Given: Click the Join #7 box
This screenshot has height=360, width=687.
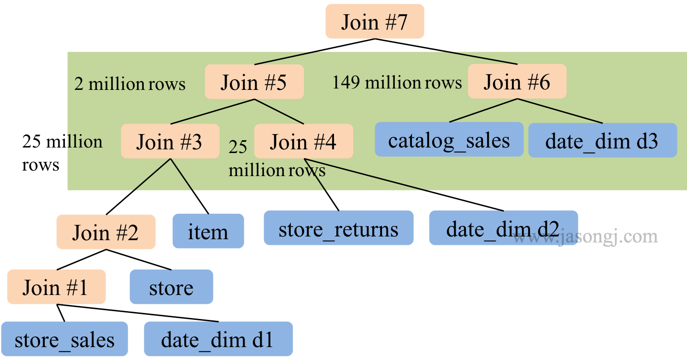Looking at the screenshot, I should [375, 22].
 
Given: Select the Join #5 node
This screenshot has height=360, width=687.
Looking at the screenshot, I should [254, 82].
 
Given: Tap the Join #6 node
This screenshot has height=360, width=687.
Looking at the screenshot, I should [517, 82].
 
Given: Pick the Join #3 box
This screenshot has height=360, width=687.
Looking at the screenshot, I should [170, 141].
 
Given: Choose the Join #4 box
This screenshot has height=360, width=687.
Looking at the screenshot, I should [303, 141].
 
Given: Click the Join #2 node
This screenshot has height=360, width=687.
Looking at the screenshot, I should [106, 232].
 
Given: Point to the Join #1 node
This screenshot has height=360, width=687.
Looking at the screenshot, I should [56, 287].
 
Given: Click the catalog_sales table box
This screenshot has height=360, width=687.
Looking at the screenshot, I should [449, 140].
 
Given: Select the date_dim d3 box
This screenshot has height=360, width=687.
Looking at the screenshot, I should [602, 141].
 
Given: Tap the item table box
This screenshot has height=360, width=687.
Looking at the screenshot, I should [208, 231].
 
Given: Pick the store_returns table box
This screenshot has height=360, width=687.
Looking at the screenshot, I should [338, 228].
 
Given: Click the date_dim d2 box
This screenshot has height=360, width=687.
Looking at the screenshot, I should [503, 228].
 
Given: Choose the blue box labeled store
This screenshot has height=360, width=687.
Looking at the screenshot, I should [171, 287].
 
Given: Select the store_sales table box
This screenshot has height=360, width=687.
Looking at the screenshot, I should [64, 339].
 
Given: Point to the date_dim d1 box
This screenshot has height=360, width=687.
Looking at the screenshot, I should [217, 339].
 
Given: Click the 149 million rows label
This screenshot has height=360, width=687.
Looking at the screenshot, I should [397, 83].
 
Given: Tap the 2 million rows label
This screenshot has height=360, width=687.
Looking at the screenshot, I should [129, 84].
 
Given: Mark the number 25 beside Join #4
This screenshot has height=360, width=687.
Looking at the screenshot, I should [238, 147].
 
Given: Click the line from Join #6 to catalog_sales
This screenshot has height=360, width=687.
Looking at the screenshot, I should [483, 111].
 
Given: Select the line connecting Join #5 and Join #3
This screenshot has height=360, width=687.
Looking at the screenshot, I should [213, 112].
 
